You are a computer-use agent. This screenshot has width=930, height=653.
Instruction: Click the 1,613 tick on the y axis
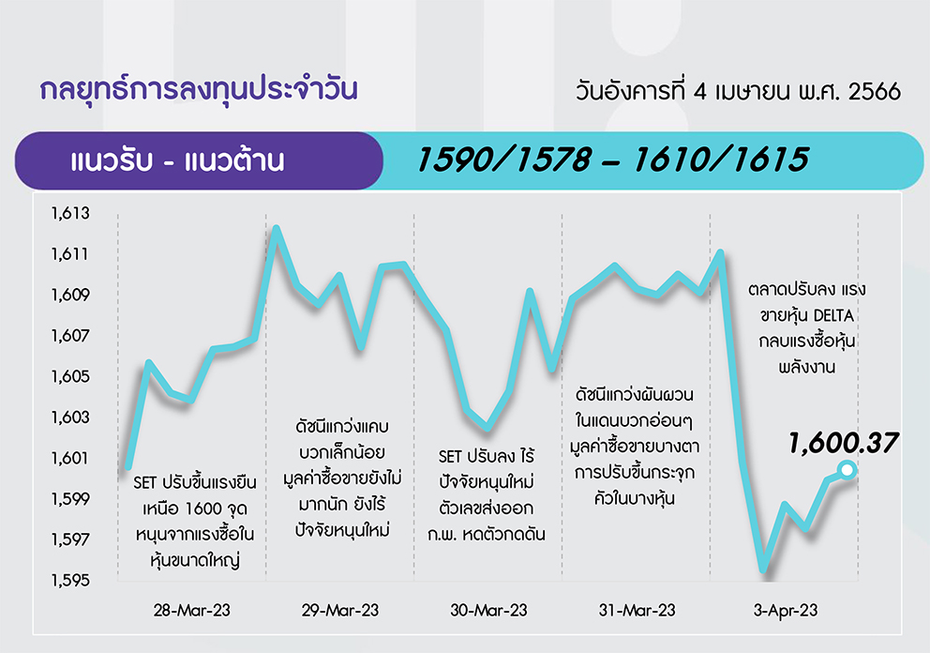click(x=70, y=213)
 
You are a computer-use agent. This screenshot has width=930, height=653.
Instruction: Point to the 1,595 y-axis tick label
click(x=70, y=580)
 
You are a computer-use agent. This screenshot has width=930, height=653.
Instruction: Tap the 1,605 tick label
click(x=70, y=376)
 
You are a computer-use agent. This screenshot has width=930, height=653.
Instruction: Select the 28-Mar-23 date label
click(x=191, y=610)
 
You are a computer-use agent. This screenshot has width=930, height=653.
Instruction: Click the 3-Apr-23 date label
click(x=786, y=610)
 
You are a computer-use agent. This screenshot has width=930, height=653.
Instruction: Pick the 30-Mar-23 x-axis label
click(x=488, y=610)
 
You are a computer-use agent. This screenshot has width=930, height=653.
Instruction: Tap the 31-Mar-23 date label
click(x=637, y=610)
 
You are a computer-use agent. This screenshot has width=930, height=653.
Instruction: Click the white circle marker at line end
click(x=847, y=470)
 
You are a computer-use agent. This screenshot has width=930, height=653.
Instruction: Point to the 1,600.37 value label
click(x=843, y=444)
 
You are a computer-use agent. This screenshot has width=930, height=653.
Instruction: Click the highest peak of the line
click(x=276, y=228)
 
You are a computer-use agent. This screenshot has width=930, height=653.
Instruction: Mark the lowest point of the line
click(x=764, y=569)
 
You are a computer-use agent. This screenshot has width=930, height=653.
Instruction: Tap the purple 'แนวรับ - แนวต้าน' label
click(x=177, y=160)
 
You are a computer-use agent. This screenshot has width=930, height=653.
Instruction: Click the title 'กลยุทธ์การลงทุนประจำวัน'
click(x=199, y=90)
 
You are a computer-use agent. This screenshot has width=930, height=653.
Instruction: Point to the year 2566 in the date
click(x=875, y=92)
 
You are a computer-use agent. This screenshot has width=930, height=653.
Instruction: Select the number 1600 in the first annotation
click(x=203, y=509)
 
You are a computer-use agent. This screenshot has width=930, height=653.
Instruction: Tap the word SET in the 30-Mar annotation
click(x=450, y=457)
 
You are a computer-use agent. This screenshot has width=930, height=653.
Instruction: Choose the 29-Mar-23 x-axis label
click(x=340, y=610)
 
